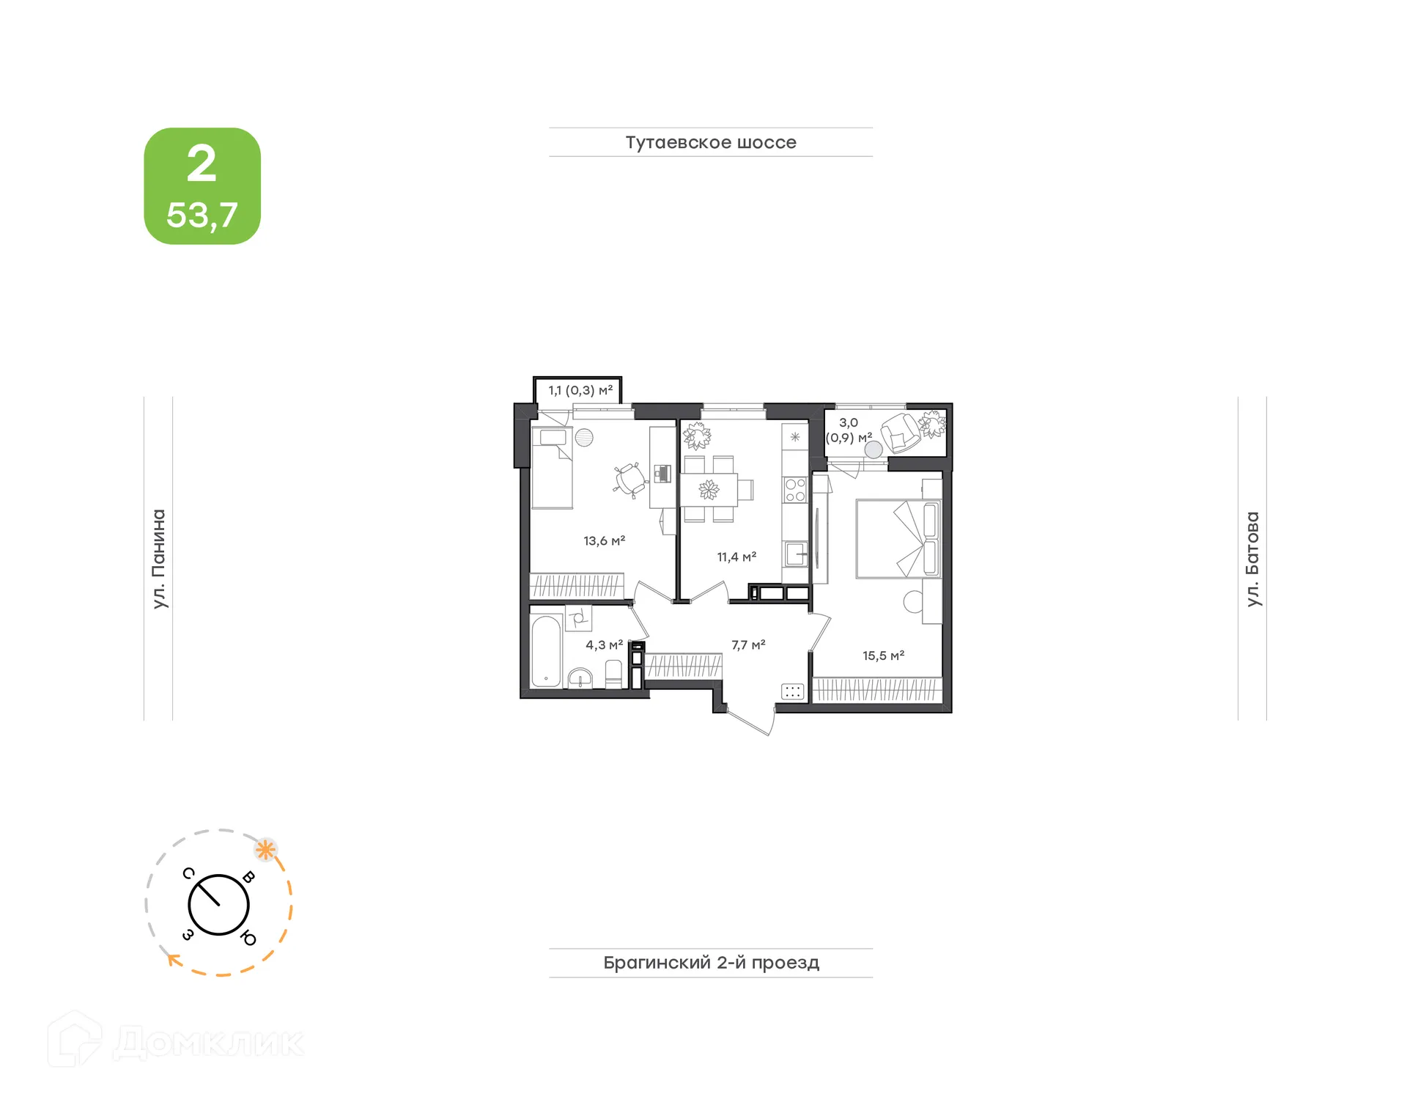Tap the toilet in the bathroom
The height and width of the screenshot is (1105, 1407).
coord(613,674)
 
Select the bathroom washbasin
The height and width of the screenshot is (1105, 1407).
coord(580,678)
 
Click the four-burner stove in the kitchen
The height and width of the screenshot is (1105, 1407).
coord(795,490)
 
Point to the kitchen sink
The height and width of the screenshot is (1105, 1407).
coord(795,553)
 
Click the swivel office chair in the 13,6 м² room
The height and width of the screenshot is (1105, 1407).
coord(629,480)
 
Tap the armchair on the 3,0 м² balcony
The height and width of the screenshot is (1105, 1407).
coord(900,433)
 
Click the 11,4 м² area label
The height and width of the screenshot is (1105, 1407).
coord(736,557)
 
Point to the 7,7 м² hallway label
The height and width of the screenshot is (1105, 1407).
coord(748,645)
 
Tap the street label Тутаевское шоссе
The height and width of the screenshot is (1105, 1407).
coord(711,142)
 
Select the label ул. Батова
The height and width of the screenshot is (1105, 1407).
coord(1253,559)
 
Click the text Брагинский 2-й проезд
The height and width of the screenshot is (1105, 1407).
coord(711,963)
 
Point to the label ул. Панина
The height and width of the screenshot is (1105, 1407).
coord(159,559)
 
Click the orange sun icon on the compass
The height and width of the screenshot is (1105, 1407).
coord(265,851)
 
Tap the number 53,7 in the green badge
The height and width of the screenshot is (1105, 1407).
coord(202,215)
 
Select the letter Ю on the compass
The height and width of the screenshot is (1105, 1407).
coord(248,939)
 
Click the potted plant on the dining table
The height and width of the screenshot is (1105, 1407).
coord(709,489)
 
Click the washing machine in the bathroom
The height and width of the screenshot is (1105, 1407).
coord(578,618)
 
